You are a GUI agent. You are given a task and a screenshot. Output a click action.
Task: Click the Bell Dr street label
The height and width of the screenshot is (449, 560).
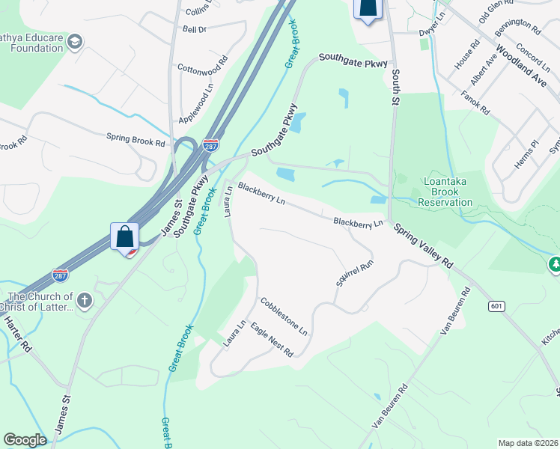(194, 29)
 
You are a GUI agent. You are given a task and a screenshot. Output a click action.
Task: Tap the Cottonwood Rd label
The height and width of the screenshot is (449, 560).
(202, 67)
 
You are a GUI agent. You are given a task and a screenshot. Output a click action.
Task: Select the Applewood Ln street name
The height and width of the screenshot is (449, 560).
(196, 104)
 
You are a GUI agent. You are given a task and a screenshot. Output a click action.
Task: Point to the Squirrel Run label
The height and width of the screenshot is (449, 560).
(354, 274)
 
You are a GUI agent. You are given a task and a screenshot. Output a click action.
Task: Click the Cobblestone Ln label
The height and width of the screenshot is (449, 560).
(284, 316)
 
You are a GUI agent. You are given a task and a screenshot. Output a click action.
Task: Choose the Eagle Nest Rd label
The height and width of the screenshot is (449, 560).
(271, 339)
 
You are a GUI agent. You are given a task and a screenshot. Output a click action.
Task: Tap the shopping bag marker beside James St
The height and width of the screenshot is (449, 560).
(125, 237)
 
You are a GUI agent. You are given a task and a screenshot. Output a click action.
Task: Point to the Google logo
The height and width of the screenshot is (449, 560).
(25, 440)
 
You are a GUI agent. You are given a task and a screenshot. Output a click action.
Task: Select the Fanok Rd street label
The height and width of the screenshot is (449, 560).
(475, 103)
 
